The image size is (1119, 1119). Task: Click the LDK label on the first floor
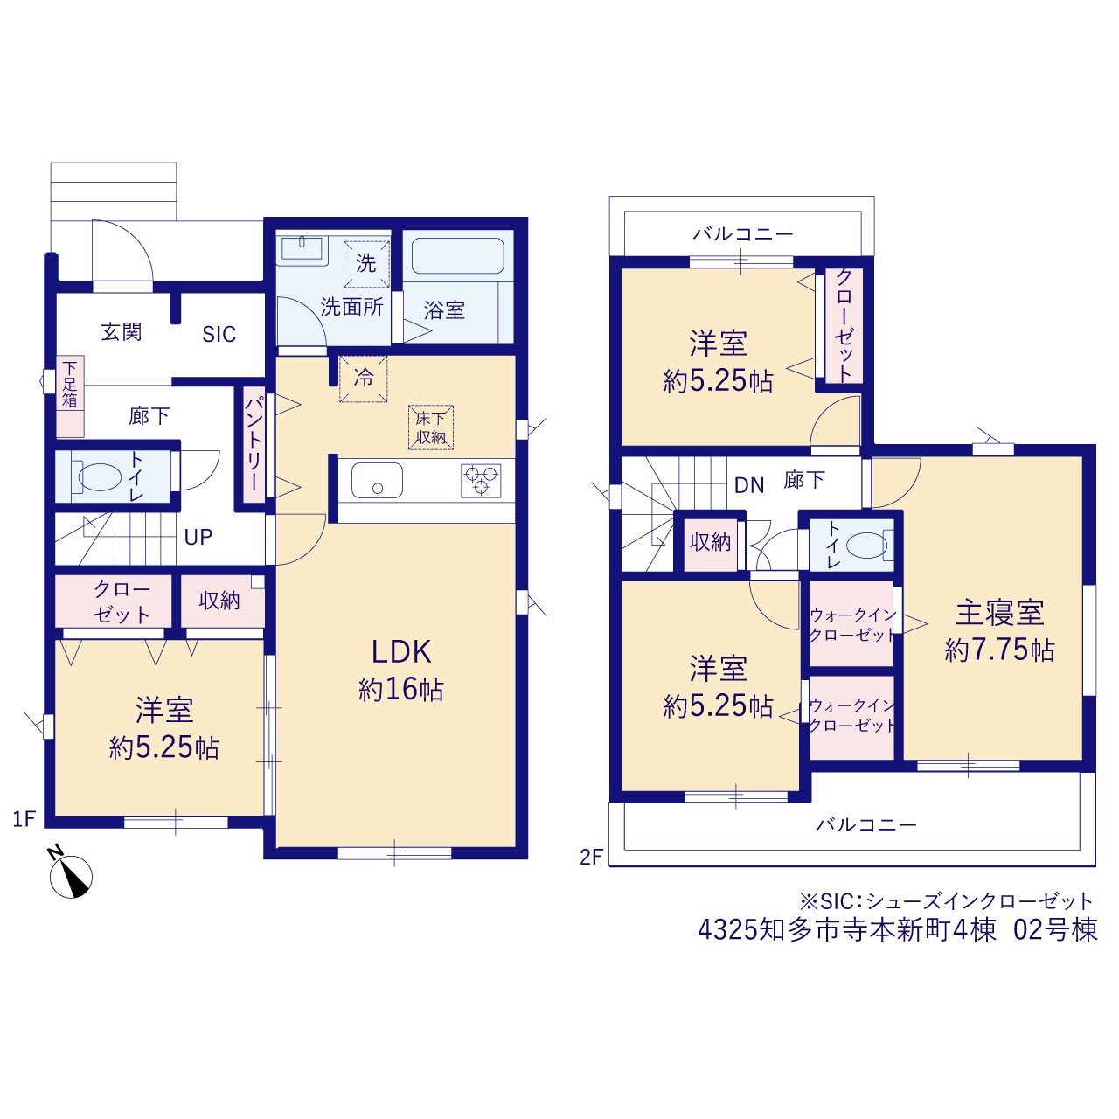401,651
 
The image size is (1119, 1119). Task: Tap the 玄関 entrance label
122,332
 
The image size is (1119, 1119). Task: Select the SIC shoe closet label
219,334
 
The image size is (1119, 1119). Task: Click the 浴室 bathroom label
444,310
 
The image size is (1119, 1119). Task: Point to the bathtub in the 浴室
457,255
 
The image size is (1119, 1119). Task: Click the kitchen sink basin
377,480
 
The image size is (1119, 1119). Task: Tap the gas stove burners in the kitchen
482,480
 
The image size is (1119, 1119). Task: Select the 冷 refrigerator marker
364,379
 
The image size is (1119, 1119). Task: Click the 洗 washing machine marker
365,264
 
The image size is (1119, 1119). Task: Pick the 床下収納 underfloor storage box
431,427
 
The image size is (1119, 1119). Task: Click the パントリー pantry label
254,443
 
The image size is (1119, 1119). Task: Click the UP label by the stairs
198,537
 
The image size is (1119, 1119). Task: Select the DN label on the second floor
749,485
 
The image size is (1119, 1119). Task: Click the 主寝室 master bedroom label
999,613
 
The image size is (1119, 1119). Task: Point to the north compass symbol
71,877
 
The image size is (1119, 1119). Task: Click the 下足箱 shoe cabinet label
70,384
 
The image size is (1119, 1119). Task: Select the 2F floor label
591,857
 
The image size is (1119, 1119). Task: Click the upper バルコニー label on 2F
743,234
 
